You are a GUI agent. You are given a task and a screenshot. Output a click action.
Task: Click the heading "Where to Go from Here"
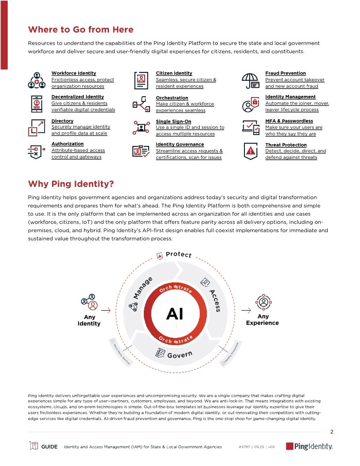tap(81, 30)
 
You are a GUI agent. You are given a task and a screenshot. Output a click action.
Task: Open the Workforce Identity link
tap(74, 73)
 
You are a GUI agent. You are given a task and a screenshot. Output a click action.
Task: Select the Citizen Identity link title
tap(174, 73)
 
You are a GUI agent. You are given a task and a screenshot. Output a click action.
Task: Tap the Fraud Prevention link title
tap(285, 73)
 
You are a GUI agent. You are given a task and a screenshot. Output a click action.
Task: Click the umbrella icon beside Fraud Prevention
tap(250, 80)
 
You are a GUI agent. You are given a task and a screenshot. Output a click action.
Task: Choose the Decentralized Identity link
tap(78, 97)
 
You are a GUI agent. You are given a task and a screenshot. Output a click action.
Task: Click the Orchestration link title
tap(172, 98)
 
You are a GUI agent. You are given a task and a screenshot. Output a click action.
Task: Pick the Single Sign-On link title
tap(173, 121)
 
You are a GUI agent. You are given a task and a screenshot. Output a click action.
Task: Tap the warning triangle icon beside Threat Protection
tap(251, 151)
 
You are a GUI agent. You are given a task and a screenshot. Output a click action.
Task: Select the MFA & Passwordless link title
tap(289, 121)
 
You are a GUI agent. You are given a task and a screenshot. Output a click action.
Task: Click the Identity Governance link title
tap(180, 144)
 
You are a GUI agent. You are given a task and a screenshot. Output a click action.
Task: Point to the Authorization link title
tap(67, 144)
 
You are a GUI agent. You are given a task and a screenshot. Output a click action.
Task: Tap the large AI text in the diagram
tap(175, 315)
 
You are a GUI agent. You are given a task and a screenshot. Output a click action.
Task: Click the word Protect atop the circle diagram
tap(178, 255)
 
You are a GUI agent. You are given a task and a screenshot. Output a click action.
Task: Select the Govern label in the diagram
tap(180, 354)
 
